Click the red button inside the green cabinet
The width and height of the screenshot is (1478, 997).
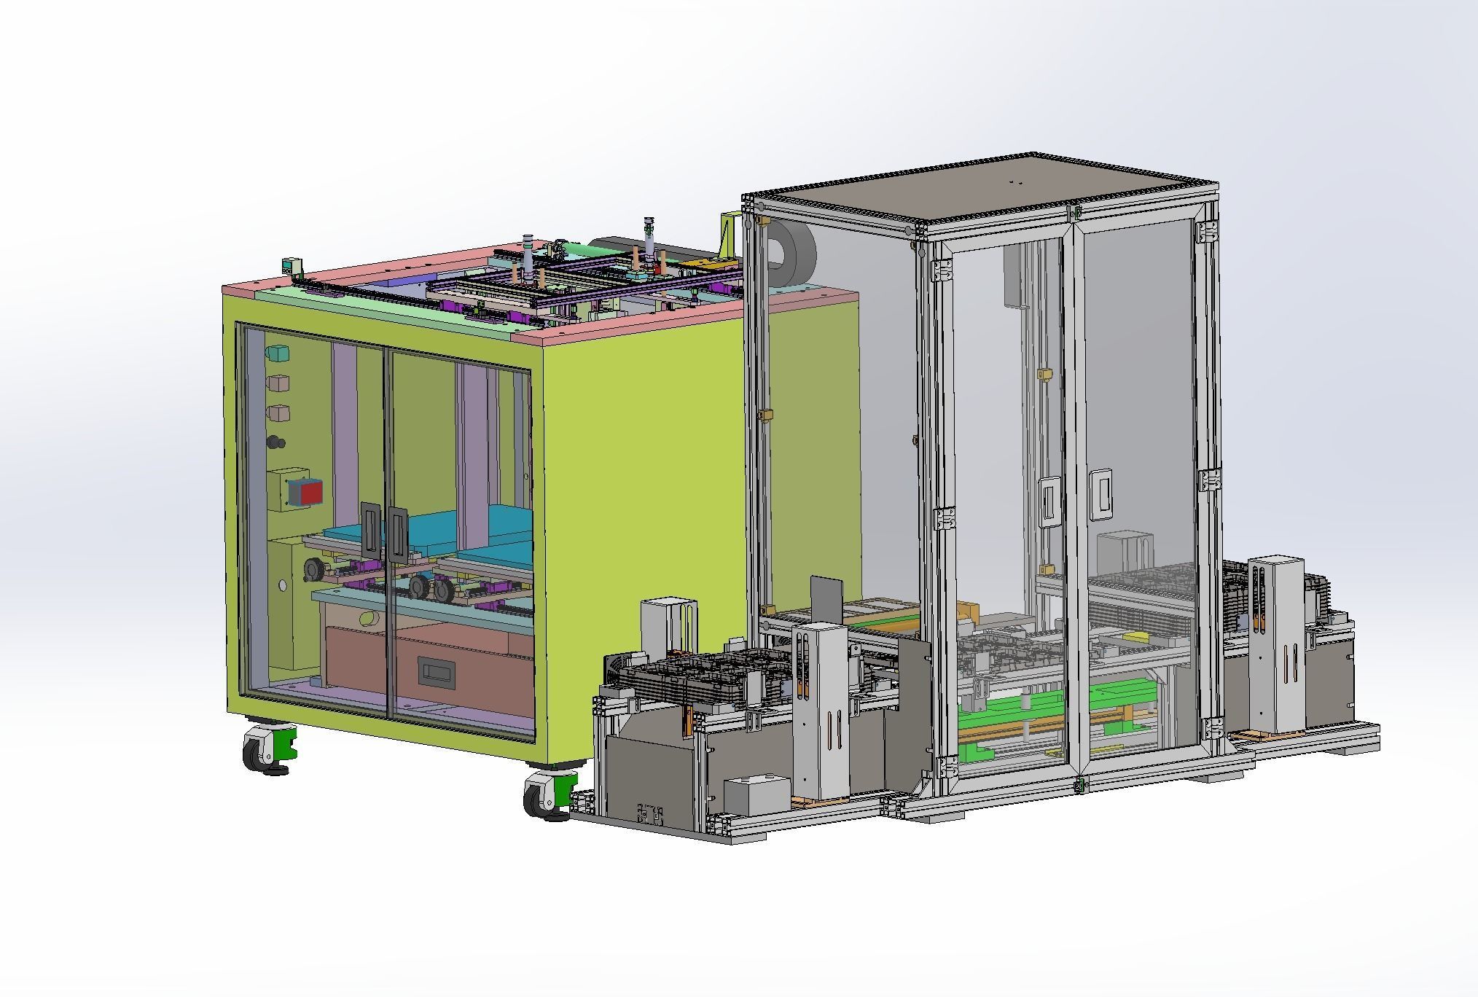click(x=311, y=493)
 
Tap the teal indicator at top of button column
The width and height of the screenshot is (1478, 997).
click(x=277, y=353)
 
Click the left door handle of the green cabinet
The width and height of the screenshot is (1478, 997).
click(x=370, y=530)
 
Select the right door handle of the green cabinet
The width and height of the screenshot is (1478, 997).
click(x=397, y=534)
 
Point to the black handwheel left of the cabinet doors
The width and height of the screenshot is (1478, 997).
click(x=313, y=569)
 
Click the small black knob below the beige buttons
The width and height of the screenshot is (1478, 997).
click(x=276, y=442)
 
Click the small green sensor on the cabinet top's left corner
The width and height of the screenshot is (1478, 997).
click(x=292, y=266)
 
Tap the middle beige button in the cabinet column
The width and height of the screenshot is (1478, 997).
click(x=278, y=383)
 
